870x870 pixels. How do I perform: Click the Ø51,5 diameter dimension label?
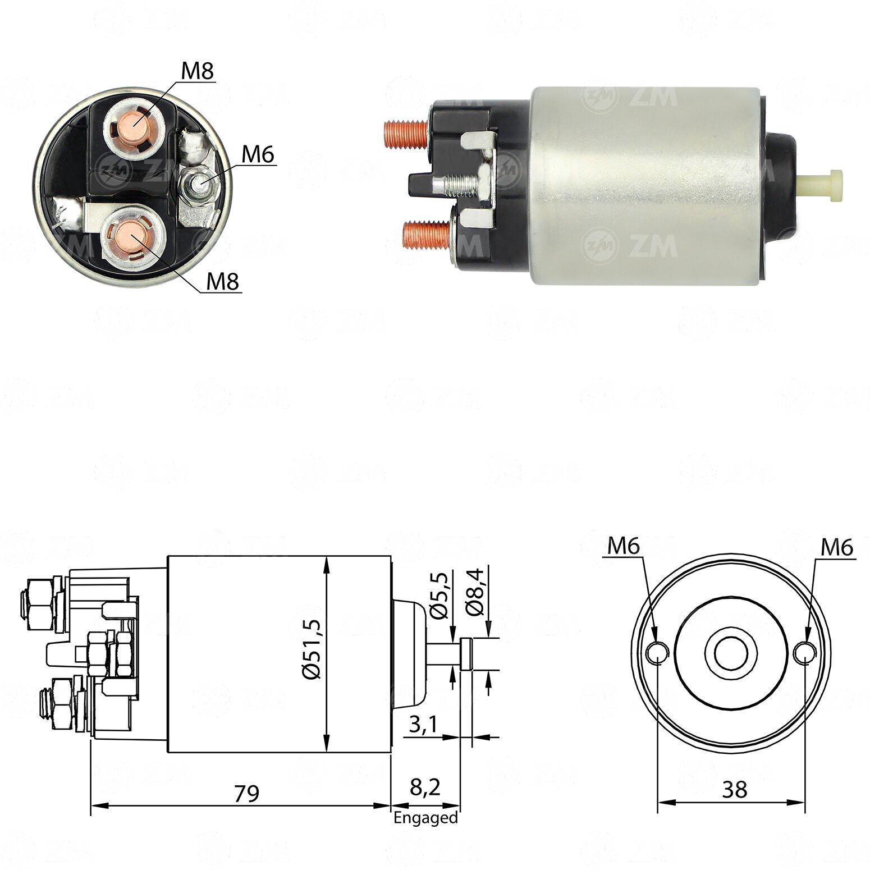coord(313,650)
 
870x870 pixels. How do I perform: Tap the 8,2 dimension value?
coord(425,787)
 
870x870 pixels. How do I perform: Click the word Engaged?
coord(425,818)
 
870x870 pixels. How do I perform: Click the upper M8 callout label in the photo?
coord(198,71)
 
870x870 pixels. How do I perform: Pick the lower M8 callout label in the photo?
coord(223,282)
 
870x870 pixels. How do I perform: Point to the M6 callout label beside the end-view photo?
coord(258,154)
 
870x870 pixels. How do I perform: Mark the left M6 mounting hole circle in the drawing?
coord(656,652)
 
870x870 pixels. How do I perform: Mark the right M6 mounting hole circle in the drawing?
coord(805,652)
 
